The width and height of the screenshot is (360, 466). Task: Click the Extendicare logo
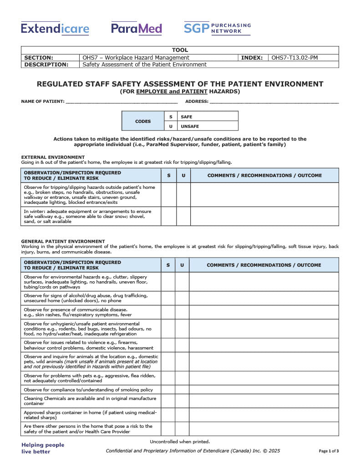point(55,29)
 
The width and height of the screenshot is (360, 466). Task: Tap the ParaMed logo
point(137,29)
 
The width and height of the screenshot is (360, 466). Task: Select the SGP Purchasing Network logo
point(217,28)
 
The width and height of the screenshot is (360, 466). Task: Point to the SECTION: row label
point(39,58)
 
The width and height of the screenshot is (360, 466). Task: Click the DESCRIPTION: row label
point(46,65)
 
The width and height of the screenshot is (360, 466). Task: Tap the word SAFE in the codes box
point(187,117)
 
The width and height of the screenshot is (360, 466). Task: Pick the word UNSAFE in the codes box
point(190,127)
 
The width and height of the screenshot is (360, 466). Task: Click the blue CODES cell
point(143,122)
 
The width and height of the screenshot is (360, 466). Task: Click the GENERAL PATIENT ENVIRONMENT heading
point(63,241)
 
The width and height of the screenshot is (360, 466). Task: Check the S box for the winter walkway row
point(169,217)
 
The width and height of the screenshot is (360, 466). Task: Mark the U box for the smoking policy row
point(182,390)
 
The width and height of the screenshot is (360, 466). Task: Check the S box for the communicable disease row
point(168,312)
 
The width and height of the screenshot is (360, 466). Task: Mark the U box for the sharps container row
point(182,415)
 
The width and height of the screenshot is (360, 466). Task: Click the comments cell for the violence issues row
point(264,345)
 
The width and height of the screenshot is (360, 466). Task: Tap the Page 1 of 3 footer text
point(329,451)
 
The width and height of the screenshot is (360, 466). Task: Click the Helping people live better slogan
point(43,448)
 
